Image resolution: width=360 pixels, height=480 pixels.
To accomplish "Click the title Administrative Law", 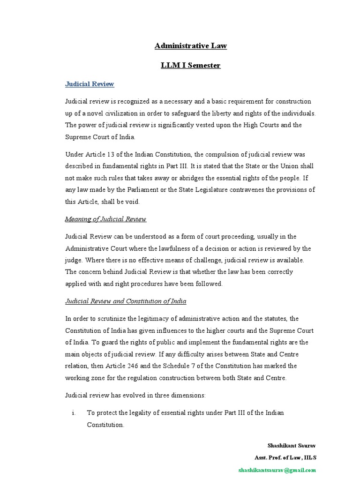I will (190, 46).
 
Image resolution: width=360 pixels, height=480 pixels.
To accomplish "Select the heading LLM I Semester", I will (190, 65).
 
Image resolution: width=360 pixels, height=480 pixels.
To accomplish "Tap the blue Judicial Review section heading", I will (90, 84).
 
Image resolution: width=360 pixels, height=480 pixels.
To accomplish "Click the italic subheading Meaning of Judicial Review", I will (105, 219).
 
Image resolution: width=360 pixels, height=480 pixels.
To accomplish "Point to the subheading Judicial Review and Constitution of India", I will (126, 301).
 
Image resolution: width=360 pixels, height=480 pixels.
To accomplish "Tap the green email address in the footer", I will (277, 470).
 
